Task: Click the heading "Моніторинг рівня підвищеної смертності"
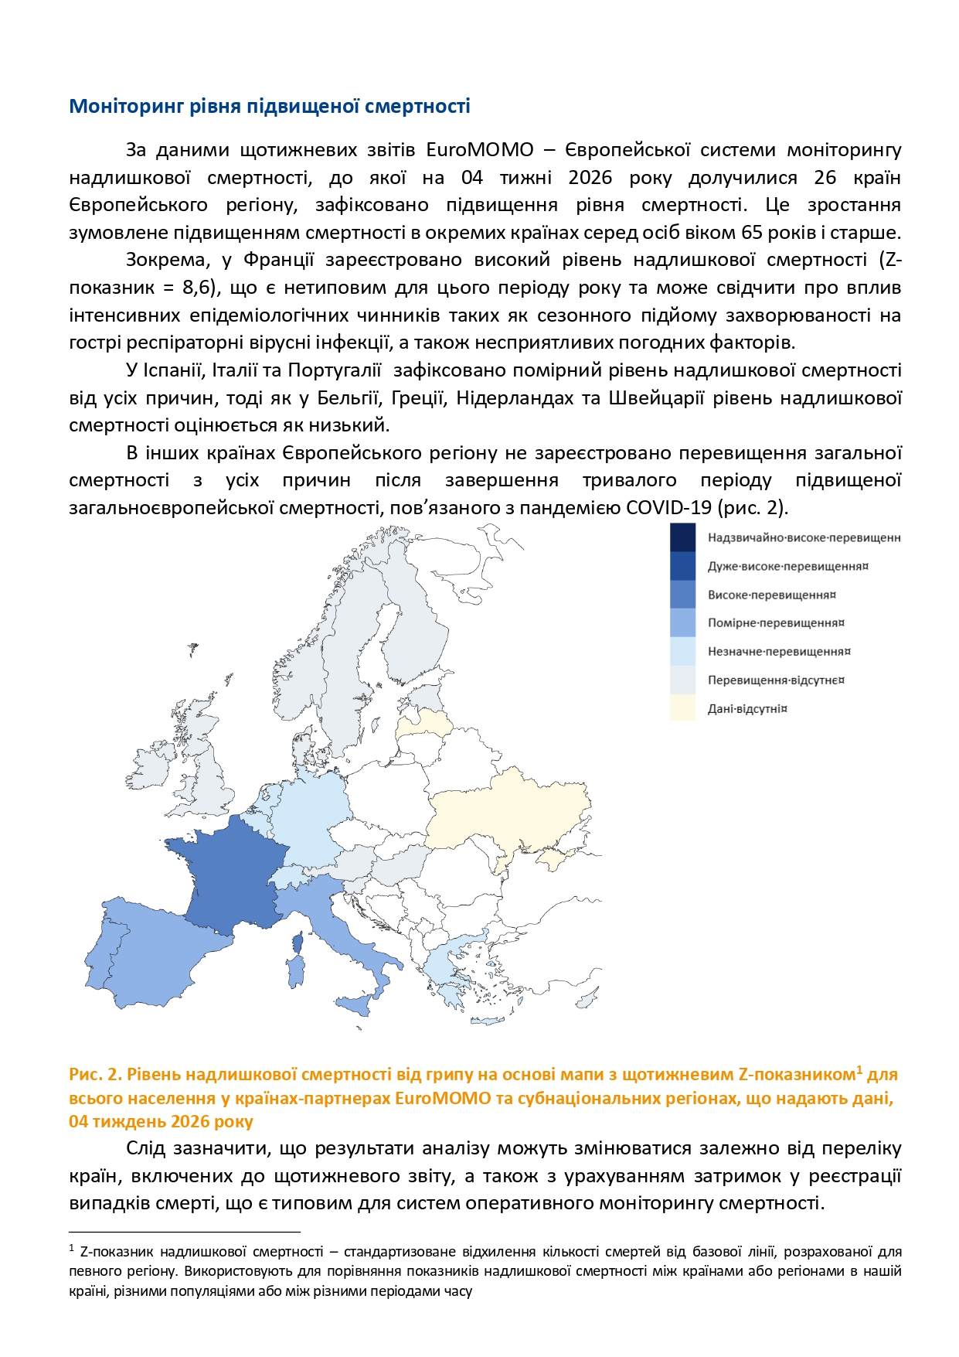point(270,106)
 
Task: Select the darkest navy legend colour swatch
point(682,537)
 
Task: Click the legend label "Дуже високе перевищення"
point(787,566)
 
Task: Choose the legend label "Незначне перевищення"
point(778,652)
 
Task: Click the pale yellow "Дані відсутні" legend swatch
point(682,708)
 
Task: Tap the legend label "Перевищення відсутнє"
point(775,680)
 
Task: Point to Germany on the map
point(309,820)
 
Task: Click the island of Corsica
point(298,943)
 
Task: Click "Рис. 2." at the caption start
point(94,1075)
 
